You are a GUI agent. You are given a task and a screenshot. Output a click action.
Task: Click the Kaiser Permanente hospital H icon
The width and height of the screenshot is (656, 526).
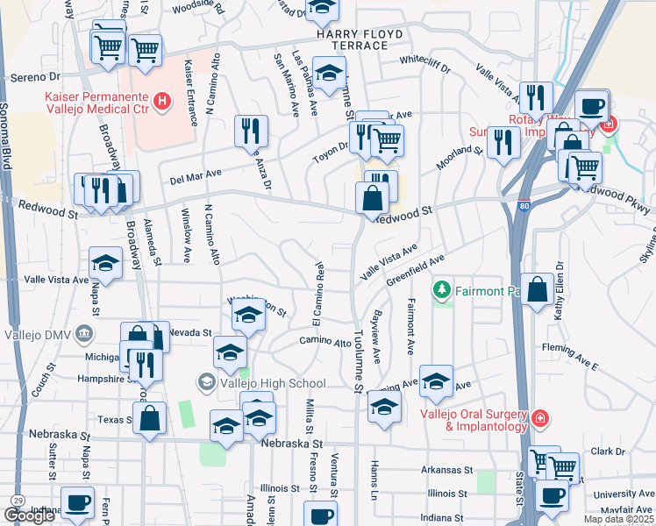coord(161,103)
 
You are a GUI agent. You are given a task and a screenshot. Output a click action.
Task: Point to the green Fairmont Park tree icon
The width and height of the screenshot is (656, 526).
coord(444,290)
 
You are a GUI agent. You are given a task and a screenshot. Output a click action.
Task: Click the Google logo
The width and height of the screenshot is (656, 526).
coord(29,515)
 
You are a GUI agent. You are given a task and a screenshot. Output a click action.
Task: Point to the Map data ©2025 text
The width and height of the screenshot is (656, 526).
coord(618,519)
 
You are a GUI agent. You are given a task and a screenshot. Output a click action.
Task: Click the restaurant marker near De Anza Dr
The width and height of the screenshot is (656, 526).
coord(252,131)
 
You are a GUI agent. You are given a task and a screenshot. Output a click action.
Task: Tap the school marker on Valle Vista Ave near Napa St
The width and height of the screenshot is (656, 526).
coord(105,263)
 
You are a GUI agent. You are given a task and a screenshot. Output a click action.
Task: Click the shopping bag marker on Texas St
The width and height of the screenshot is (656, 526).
coord(151,418)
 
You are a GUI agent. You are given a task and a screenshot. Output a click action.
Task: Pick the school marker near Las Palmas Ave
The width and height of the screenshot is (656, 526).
coord(329,74)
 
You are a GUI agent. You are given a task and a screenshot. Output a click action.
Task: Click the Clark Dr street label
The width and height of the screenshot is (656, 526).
coord(608,451)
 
